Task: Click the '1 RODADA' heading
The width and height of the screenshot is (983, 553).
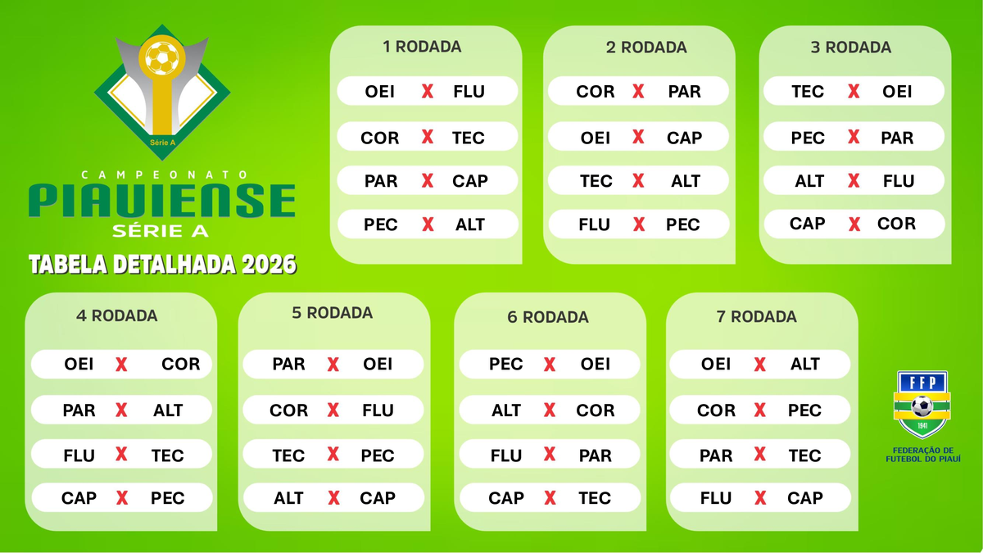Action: pyautogui.click(x=422, y=47)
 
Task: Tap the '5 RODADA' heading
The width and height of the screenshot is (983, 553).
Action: pyautogui.click(x=332, y=313)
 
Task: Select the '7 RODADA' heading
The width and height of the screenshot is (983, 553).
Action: pyautogui.click(x=756, y=316)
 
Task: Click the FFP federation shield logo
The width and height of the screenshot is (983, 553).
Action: pyautogui.click(x=922, y=405)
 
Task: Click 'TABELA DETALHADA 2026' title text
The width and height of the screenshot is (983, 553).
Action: pyautogui.click(x=162, y=265)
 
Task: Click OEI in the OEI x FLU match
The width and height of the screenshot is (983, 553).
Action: pyautogui.click(x=380, y=92)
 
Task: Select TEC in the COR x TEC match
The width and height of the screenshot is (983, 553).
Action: pyautogui.click(x=469, y=138)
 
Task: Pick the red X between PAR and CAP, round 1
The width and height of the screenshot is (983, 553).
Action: pyautogui.click(x=427, y=181)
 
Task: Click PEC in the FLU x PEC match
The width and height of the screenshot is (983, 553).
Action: pyautogui.click(x=682, y=224)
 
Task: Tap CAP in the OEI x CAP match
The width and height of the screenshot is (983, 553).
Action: pyautogui.click(x=684, y=138)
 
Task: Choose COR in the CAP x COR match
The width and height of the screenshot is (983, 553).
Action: pyautogui.click(x=896, y=224)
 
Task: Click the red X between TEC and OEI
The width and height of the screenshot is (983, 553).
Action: pyautogui.click(x=854, y=92)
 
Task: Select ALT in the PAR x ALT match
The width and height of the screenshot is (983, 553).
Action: pyautogui.click(x=168, y=410)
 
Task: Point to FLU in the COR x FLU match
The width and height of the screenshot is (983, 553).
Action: pyautogui.click(x=378, y=410)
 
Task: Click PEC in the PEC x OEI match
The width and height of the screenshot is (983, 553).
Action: pyautogui.click(x=505, y=364)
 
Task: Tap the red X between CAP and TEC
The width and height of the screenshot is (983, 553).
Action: pyautogui.click(x=549, y=498)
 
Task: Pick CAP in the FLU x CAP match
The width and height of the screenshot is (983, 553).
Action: pyautogui.click(x=804, y=498)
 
